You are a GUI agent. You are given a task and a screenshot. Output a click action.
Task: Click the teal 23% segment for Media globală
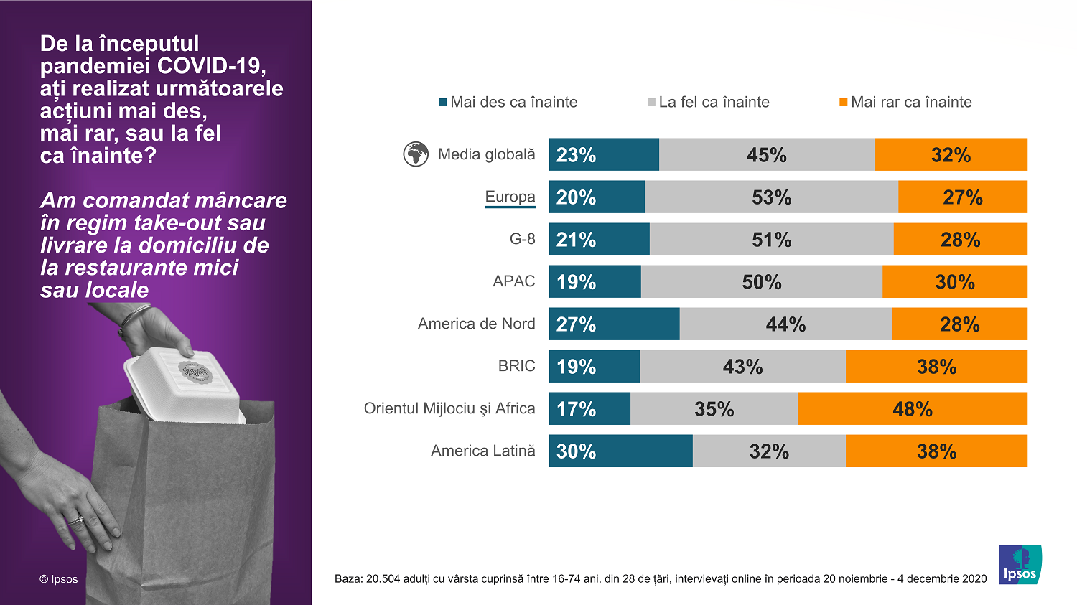tap(604, 154)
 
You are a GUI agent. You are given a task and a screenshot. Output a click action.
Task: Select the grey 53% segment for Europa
tap(771, 197)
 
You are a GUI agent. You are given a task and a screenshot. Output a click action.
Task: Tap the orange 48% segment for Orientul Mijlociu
tap(912, 408)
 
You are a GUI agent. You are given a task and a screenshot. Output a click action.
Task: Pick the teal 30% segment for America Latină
tap(620, 451)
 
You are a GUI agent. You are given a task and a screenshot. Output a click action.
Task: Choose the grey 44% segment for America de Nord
tap(785, 324)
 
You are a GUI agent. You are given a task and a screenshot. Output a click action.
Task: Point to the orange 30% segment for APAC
tap(954, 281)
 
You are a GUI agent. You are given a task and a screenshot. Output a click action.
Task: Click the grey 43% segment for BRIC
tap(742, 366)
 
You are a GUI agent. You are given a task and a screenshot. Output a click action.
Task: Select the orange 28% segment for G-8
tap(960, 239)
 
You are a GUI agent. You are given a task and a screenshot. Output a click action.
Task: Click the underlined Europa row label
tap(510, 197)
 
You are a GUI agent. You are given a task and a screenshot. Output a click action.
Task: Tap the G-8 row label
tap(522, 239)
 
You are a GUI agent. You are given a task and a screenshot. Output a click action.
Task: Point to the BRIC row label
tap(516, 366)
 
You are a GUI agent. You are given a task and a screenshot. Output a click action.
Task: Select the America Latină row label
tap(482, 451)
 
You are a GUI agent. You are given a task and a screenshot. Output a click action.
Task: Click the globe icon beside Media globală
tap(416, 154)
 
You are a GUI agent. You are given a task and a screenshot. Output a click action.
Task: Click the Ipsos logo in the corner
tap(1020, 564)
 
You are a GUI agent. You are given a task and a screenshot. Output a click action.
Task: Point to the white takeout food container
tap(183, 384)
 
